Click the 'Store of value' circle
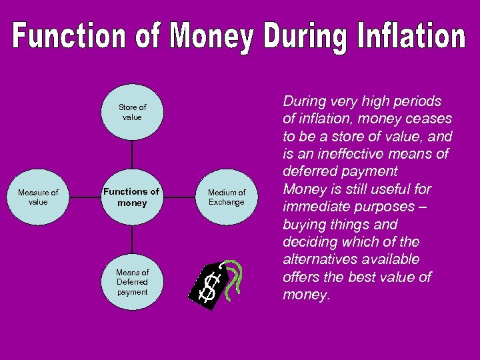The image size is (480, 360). coord(132,112)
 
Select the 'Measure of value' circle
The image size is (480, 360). coord(38,197)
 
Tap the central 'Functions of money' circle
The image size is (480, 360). coord(132,197)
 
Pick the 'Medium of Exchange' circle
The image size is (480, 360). coord(227,197)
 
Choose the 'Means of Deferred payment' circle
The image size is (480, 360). coord(132,282)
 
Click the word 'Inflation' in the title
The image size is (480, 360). coord(409,37)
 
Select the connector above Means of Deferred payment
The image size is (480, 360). coord(132,240)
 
